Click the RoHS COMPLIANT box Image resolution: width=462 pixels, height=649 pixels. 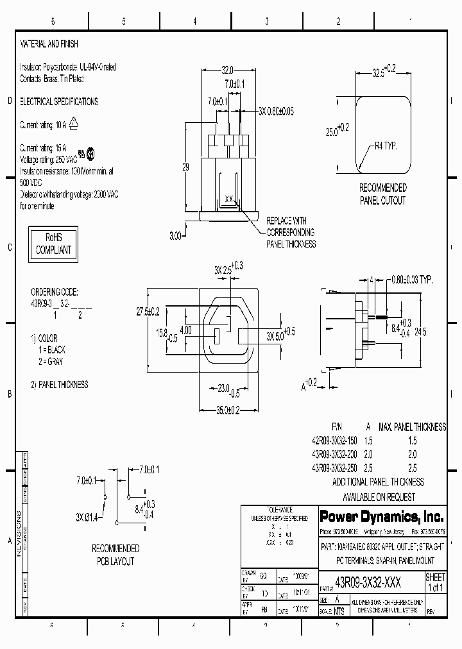pyautogui.click(x=54, y=244)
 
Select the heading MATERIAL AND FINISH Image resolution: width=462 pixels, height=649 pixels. pyautogui.click(x=49, y=44)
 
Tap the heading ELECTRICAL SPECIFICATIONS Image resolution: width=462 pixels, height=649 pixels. pyautogui.click(x=59, y=101)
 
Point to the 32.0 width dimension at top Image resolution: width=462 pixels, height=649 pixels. pyautogui.click(x=227, y=70)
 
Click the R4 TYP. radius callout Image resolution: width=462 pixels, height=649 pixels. pyautogui.click(x=386, y=146)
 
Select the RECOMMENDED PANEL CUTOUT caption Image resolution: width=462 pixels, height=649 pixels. pyautogui.click(x=382, y=194)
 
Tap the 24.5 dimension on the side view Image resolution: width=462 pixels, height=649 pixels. pyautogui.click(x=420, y=332)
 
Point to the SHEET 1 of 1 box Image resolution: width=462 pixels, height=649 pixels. pyautogui.click(x=435, y=582)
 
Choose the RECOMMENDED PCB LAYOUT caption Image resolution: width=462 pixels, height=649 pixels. pyautogui.click(x=116, y=555)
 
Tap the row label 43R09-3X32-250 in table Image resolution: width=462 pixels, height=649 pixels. pyautogui.click(x=334, y=468)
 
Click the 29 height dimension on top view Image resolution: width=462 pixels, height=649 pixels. pyautogui.click(x=186, y=167)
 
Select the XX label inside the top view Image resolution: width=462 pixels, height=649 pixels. pyautogui.click(x=228, y=199)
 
